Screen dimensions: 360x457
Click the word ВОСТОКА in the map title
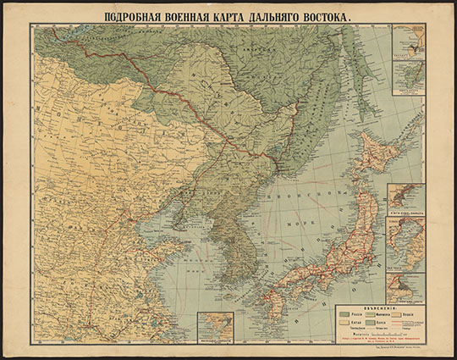click(317, 15)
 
